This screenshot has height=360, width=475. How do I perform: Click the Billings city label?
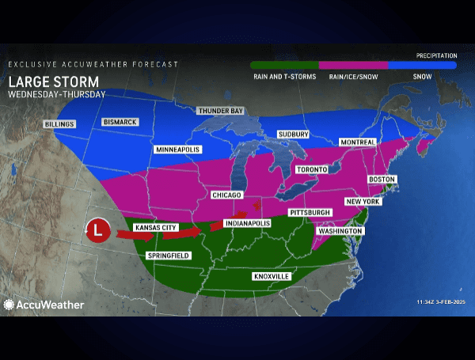tap(60, 124)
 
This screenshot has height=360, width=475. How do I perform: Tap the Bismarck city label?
tap(120, 122)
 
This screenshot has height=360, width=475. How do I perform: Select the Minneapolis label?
tap(178, 150)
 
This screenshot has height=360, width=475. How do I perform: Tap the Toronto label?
tap(313, 170)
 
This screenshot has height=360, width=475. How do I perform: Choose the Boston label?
tap(382, 180)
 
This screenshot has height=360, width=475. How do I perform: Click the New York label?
tap(363, 202)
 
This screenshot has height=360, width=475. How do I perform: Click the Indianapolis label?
tap(247, 223)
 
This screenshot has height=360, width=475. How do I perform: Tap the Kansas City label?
tap(155, 228)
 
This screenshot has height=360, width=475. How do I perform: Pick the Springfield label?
tap(168, 256)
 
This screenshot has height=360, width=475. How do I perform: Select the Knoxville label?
tap(272, 276)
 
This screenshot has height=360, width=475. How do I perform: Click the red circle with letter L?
tap(97, 231)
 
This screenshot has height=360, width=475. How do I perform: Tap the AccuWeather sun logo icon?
tap(9, 304)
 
